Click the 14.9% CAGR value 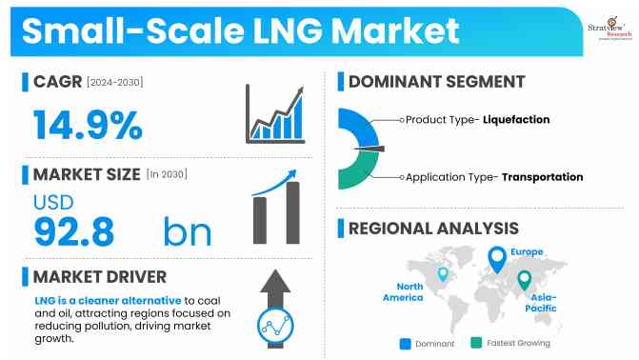point(88,125)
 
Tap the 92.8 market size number point(74,230)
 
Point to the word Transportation point(542,177)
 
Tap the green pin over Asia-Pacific point(523,281)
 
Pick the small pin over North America point(442,273)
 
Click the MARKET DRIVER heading point(100,277)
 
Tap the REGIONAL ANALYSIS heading point(433,229)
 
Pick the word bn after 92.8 point(187,230)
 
